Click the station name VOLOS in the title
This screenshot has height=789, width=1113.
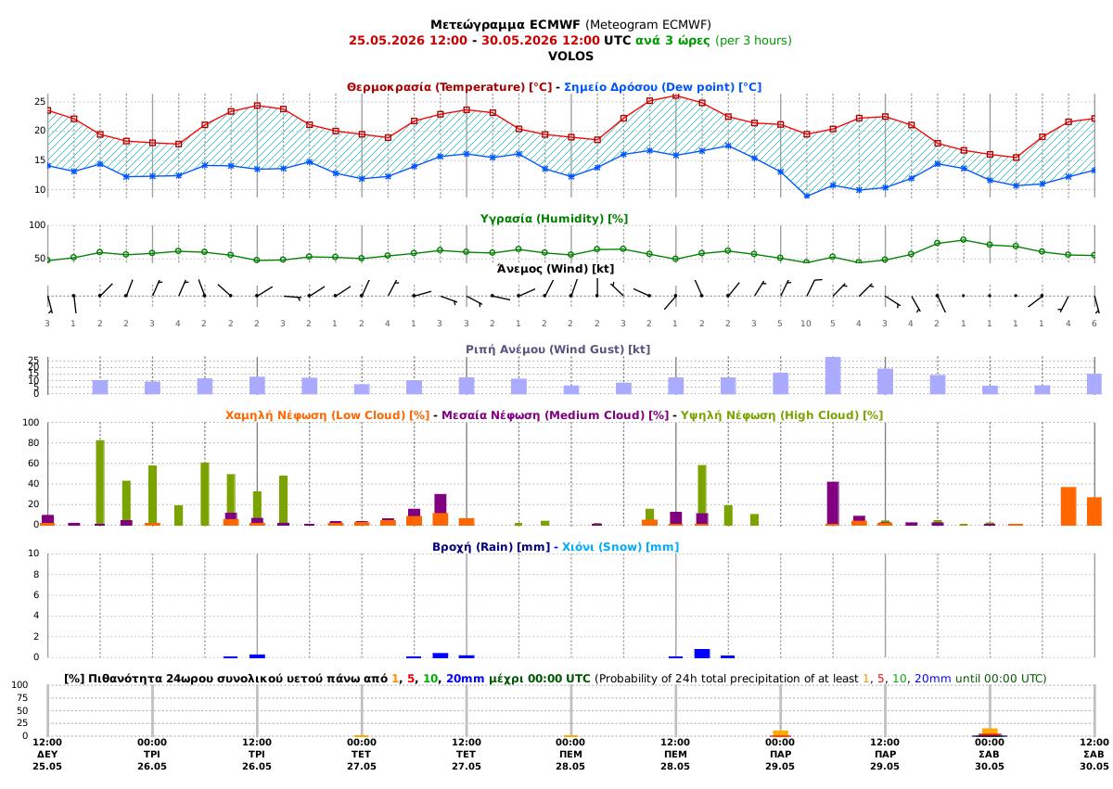coord(570,57)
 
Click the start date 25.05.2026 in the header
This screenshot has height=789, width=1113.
coord(387,40)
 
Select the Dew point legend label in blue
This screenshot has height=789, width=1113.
coord(662,87)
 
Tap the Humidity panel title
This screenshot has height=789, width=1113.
coord(554,219)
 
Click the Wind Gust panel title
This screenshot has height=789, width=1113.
coord(557,349)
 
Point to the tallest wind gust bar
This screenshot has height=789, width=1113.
coord(833,375)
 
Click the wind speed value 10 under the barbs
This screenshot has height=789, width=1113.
coord(805,324)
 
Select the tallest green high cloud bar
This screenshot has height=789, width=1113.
coord(100,482)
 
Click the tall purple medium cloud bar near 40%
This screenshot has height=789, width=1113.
coord(833,503)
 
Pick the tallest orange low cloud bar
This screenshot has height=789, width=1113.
coord(1068,506)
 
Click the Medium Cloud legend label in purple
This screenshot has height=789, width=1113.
coord(555,415)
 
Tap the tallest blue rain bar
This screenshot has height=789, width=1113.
coord(701,654)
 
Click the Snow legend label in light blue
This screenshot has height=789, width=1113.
coord(620,547)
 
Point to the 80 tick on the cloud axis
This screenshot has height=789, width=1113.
coord(33,443)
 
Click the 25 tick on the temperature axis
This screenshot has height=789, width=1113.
coord(40,101)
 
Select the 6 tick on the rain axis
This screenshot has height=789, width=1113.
coord(36,595)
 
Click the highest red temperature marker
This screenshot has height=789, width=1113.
coord(676,95)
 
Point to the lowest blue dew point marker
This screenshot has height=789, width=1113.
coord(807,197)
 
